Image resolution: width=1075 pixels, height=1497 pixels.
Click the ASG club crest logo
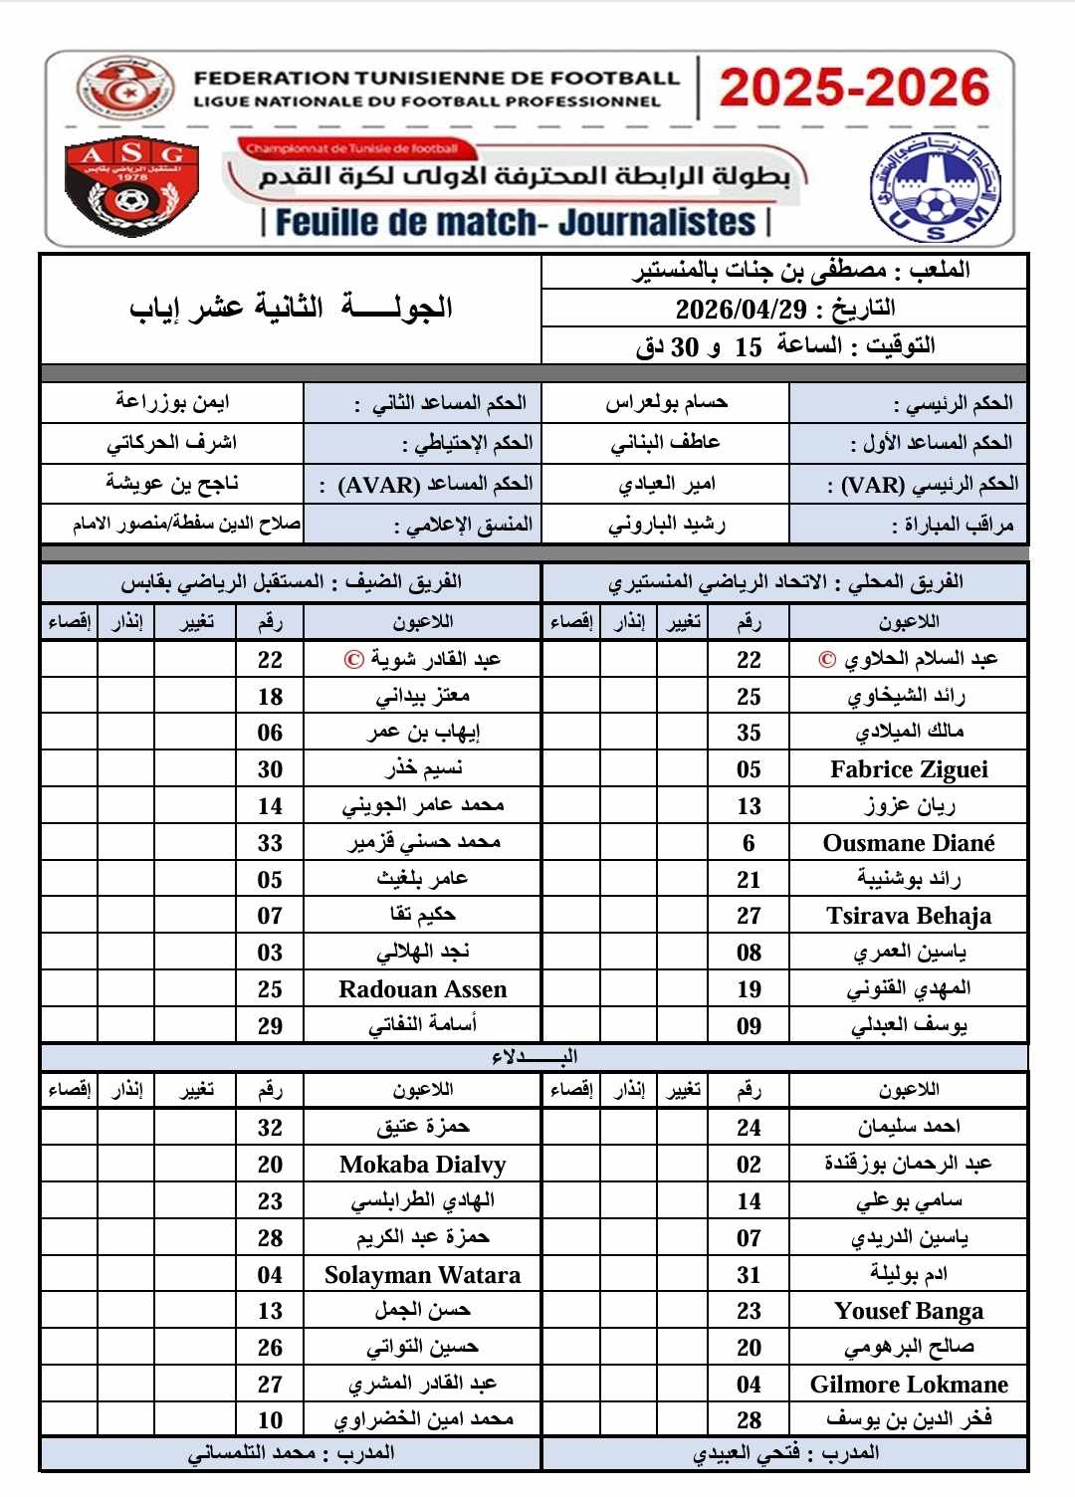131,187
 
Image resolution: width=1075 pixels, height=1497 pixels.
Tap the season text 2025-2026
854,88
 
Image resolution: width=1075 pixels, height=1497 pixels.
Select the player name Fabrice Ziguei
909,769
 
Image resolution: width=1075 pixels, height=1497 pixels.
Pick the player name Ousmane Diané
909,843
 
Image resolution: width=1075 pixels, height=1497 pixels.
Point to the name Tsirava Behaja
909,916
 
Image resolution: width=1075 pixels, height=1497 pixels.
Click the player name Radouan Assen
423,989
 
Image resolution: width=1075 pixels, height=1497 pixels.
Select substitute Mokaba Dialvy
423,1165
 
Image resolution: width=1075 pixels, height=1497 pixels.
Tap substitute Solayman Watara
423,1275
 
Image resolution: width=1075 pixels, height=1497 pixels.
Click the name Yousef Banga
909,1311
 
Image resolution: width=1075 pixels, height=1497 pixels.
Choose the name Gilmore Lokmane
909,1385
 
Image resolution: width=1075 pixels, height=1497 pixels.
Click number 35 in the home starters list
749,734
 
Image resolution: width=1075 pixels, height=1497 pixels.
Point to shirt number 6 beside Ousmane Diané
749,843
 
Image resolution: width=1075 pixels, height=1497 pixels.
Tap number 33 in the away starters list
270,843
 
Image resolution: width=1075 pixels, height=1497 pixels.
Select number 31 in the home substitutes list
749,1275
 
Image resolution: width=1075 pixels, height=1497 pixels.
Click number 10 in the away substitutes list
270,1420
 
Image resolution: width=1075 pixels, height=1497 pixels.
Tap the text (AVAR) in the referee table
379,485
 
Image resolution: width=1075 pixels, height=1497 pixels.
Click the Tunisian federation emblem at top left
125,88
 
